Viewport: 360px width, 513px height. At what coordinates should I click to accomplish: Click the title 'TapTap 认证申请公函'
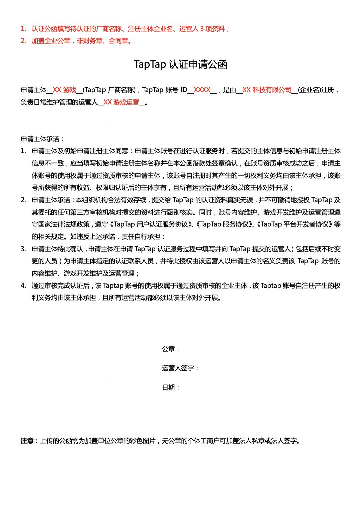pyautogui.click(x=180, y=64)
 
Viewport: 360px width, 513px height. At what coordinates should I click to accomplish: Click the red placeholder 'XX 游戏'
pyautogui.click(x=64, y=90)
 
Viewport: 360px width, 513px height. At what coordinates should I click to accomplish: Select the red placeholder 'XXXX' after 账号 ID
pyautogui.click(x=202, y=90)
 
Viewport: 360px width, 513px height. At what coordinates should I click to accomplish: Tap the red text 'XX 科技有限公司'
pyautogui.click(x=267, y=90)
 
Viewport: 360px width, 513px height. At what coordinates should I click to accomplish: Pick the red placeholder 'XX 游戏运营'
pyautogui.click(x=121, y=102)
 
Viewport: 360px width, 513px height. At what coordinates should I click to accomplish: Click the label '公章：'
pyautogui.click(x=171, y=349)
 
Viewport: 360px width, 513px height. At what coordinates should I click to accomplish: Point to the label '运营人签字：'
pyautogui.click(x=180, y=368)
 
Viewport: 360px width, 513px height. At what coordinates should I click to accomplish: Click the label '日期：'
pyautogui.click(x=171, y=387)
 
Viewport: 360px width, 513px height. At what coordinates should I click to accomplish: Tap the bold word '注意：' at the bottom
pyautogui.click(x=30, y=441)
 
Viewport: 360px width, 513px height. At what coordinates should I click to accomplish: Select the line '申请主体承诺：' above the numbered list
pyautogui.click(x=42, y=139)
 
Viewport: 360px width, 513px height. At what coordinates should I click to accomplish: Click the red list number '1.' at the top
pyautogui.click(x=23, y=29)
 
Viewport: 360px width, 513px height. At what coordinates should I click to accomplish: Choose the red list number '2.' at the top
pyautogui.click(x=23, y=41)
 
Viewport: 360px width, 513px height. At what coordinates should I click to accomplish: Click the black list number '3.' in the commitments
pyautogui.click(x=23, y=249)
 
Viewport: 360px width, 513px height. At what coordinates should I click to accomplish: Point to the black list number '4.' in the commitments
pyautogui.click(x=23, y=286)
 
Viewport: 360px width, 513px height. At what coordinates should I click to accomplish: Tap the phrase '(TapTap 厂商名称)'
pyautogui.click(x=109, y=90)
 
